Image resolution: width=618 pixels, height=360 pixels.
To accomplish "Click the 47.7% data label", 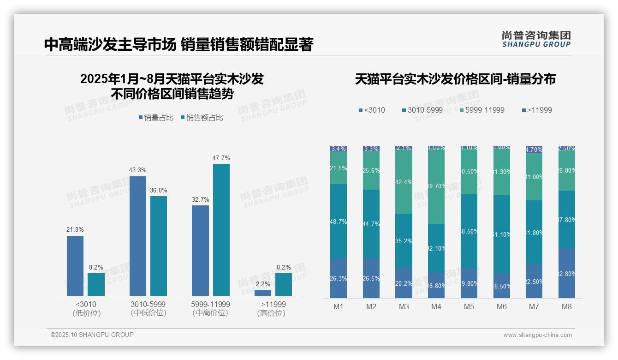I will point(221,158).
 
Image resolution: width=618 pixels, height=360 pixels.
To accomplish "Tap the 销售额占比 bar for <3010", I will point(96,284).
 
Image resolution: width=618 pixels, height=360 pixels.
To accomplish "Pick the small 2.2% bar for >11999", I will point(263,293).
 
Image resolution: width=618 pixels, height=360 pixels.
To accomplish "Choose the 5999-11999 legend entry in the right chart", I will point(482,110).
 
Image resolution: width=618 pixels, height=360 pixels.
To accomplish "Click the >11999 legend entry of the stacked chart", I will point(537,110).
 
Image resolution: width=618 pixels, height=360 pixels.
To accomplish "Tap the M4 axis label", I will point(436,306).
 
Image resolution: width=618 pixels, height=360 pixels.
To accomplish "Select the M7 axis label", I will point(534,306).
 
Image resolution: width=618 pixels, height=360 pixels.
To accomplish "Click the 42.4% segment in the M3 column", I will point(404,182).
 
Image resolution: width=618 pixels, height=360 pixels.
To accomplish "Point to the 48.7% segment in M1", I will point(339,222).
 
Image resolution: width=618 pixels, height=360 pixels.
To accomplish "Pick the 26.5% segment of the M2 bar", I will point(371,278).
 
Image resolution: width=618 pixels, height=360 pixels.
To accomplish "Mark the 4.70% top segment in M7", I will point(534,150).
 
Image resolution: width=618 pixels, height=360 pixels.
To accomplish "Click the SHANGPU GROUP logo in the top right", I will point(536,39).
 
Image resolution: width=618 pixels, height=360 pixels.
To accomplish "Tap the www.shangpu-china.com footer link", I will point(537,335).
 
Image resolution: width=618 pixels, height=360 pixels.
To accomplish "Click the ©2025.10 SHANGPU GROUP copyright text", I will point(92,335).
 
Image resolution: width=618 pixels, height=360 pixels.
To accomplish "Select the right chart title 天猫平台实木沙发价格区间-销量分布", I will point(455,79).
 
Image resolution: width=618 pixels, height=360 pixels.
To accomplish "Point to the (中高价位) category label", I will point(210,313).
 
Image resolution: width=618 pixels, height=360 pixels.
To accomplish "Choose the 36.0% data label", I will point(159,190).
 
